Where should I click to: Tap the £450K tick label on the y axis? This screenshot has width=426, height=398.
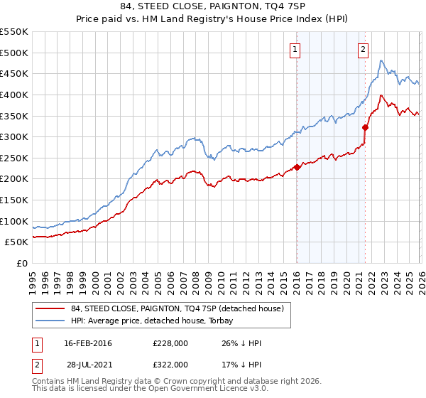(x=14, y=73)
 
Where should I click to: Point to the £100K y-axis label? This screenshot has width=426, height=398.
(x=14, y=221)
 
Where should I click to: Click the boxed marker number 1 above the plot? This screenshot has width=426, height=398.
(x=294, y=49)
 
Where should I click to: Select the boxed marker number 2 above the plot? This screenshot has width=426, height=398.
(x=363, y=49)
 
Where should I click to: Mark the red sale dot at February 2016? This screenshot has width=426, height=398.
(x=297, y=167)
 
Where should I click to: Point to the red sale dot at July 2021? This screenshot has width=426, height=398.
(x=365, y=128)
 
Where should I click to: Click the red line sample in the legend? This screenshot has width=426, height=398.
(x=50, y=308)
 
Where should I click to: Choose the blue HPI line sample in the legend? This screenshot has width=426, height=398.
(x=50, y=321)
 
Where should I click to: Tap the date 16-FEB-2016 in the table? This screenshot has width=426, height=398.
(x=88, y=343)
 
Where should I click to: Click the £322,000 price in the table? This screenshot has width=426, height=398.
(x=170, y=364)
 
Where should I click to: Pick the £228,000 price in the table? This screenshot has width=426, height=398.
(x=170, y=343)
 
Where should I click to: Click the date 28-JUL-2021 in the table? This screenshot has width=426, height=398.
(x=88, y=364)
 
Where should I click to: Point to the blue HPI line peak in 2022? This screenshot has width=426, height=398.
(x=381, y=61)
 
